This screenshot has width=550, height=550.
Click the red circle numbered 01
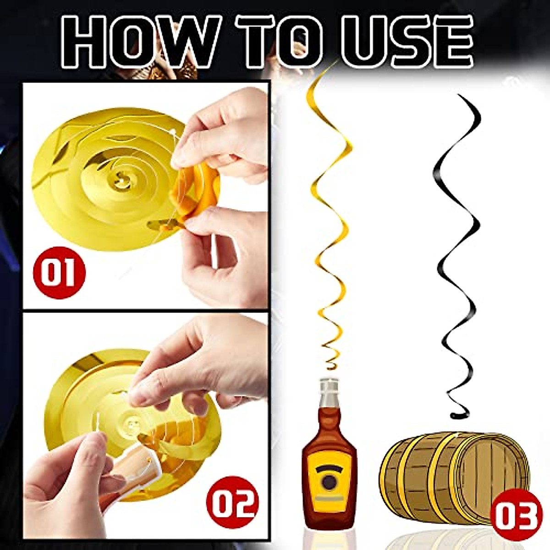[59, 272]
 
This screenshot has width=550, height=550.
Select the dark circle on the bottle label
[329, 481]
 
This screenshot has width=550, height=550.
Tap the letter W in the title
[183, 41]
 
